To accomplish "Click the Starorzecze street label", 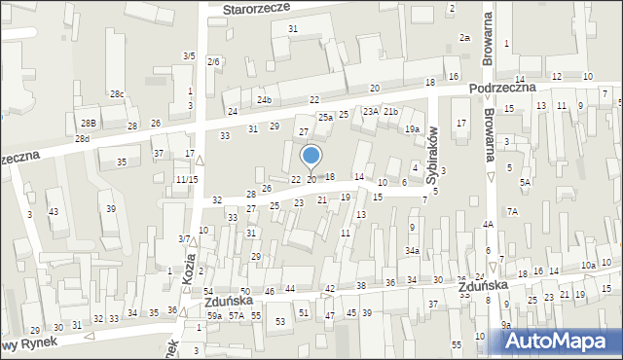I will click(x=258, y=9).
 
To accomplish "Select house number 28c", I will click(x=117, y=93).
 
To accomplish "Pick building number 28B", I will click(x=89, y=123).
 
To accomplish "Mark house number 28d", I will click(x=82, y=138).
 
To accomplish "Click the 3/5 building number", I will click(x=189, y=56).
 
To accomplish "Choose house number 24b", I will click(x=264, y=100).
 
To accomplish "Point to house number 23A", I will click(x=371, y=112).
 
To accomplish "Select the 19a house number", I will click(x=412, y=129).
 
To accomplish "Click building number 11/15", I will click(x=187, y=180).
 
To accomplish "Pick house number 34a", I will click(x=412, y=252).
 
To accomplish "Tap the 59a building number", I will click(x=214, y=316).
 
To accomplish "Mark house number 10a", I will click(x=588, y=265).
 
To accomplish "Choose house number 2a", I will click(x=465, y=38).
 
